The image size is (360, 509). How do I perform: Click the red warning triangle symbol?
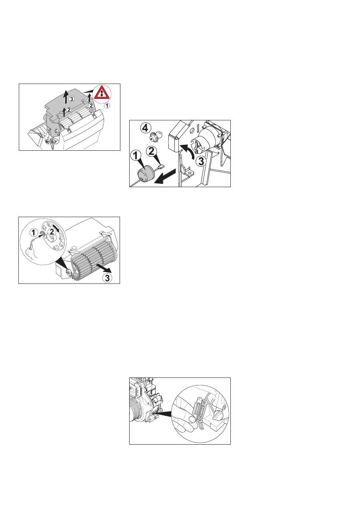tap(102, 93)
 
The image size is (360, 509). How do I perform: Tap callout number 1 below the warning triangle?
tap(107, 106)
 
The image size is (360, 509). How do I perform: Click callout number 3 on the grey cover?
tap(72, 99)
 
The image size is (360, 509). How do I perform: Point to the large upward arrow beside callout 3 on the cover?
tap(66, 97)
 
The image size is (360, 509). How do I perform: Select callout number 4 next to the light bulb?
tap(145, 128)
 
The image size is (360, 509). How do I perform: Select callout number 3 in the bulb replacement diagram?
tap(201, 162)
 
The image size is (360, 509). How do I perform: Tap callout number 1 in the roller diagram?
tap(34, 232)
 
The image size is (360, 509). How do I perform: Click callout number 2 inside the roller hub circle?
tap(52, 232)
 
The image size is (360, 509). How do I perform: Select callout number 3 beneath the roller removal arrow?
tap(107, 277)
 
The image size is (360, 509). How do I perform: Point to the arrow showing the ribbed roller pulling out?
tap(104, 267)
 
